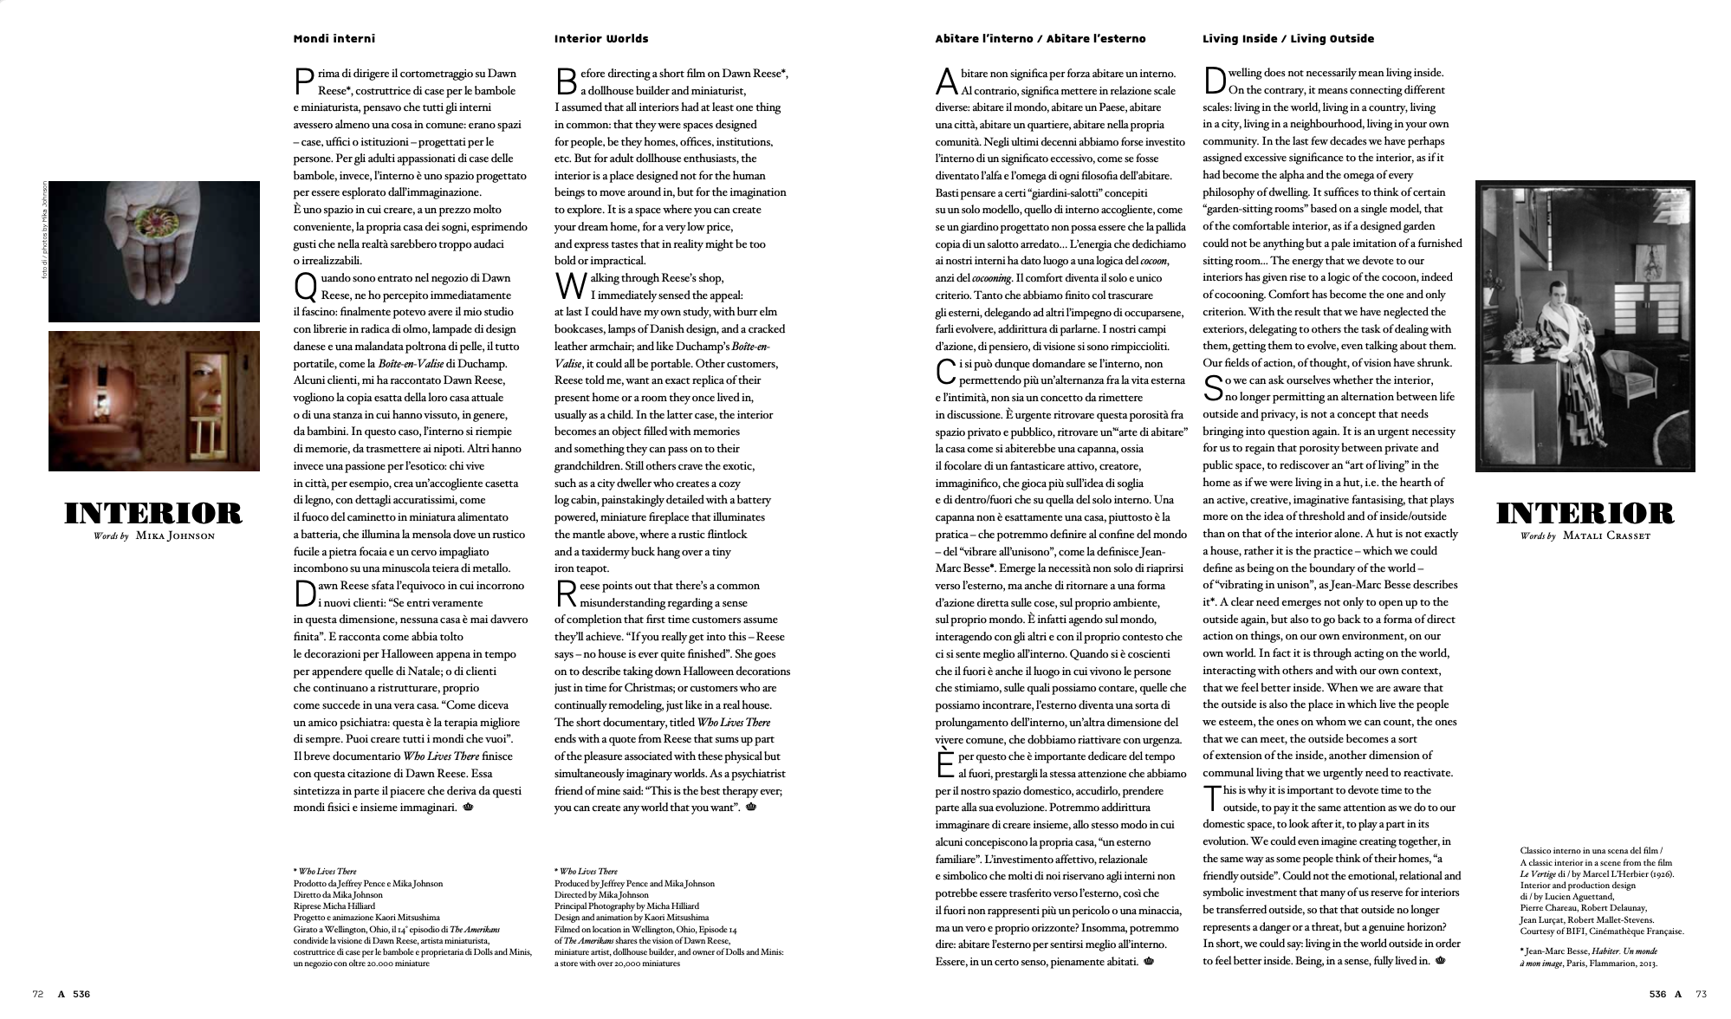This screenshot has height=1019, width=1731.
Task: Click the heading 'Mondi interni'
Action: click(334, 39)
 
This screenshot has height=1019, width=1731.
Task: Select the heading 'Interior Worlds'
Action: click(600, 39)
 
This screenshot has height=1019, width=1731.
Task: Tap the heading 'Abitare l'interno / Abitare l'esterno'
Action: click(1040, 39)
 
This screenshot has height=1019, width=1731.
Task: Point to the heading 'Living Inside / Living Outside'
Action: click(1287, 39)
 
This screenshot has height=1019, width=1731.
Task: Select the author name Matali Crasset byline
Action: click(1607, 536)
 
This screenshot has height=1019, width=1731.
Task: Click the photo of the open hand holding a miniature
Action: click(154, 251)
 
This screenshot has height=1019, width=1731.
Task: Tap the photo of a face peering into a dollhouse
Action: click(154, 401)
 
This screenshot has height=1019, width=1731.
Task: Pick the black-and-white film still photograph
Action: click(1585, 326)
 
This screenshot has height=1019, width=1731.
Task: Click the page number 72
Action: click(38, 994)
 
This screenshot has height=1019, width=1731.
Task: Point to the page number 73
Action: click(1701, 994)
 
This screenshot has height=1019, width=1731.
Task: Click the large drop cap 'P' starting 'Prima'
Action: click(303, 81)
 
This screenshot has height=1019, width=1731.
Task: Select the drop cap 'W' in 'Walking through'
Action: click(566, 286)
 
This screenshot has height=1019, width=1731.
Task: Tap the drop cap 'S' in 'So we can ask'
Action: click(1213, 388)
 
